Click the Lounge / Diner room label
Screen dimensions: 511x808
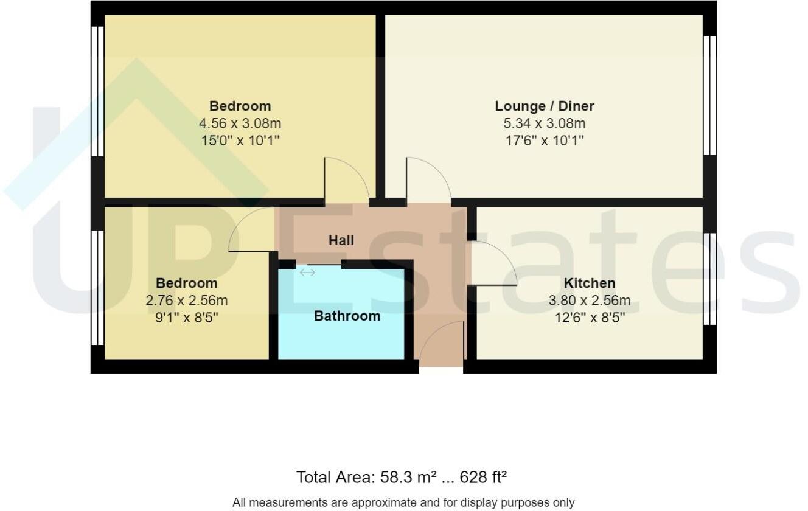[x=544, y=106]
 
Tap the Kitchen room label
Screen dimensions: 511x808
[x=589, y=283]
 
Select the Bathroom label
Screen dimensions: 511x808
[x=347, y=316]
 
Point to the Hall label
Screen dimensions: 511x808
[x=341, y=240]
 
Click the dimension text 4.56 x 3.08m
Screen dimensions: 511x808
[x=240, y=123]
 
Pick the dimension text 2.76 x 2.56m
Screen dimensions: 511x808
[x=186, y=301]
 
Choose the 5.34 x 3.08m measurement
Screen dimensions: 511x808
[x=544, y=123]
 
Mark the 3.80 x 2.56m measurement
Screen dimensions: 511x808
[x=589, y=301]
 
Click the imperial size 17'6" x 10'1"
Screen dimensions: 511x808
[x=544, y=141]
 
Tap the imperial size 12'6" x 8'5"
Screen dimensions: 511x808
[x=589, y=317]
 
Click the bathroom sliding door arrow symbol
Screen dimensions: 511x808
[x=307, y=273]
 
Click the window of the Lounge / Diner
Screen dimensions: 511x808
[x=709, y=95]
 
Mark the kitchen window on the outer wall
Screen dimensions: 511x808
[x=709, y=279]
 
